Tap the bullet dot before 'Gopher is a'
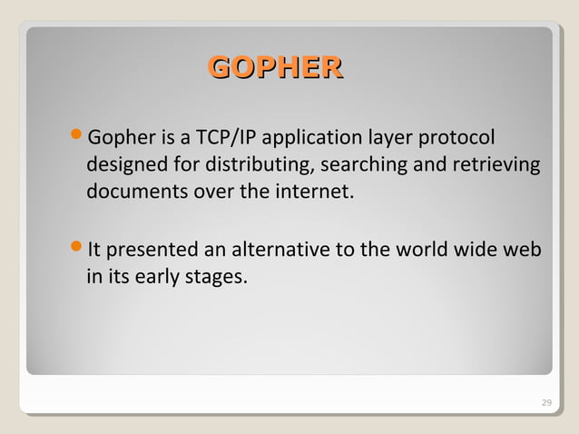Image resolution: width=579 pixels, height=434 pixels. pos(76,137)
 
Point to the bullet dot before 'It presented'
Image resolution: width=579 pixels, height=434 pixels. pos(76,247)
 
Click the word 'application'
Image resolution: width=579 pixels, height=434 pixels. pos(307,140)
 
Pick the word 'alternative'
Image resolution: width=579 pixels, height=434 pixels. pos(276,249)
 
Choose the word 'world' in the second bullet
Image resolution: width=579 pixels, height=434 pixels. pos(408,249)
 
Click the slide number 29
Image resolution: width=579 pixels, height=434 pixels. pos(545,402)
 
